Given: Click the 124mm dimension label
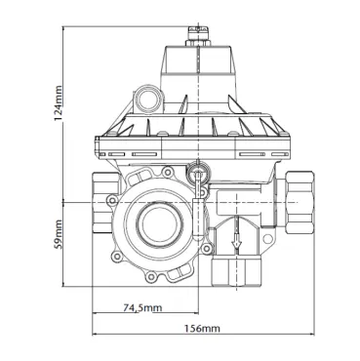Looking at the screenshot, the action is (58, 103).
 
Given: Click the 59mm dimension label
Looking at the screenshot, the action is (58, 235).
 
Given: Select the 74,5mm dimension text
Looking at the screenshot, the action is (142, 307).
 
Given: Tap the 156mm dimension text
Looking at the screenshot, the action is (203, 328).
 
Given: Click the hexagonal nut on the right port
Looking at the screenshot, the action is (300, 202).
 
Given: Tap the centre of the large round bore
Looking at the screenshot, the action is (158, 222).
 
